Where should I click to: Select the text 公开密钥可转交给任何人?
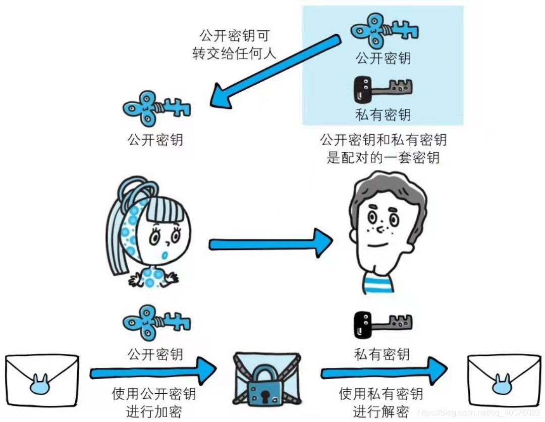point(235,44)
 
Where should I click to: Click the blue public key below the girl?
point(156,323)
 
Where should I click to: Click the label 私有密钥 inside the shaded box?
point(383,115)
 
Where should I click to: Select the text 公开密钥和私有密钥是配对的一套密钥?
point(383,148)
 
